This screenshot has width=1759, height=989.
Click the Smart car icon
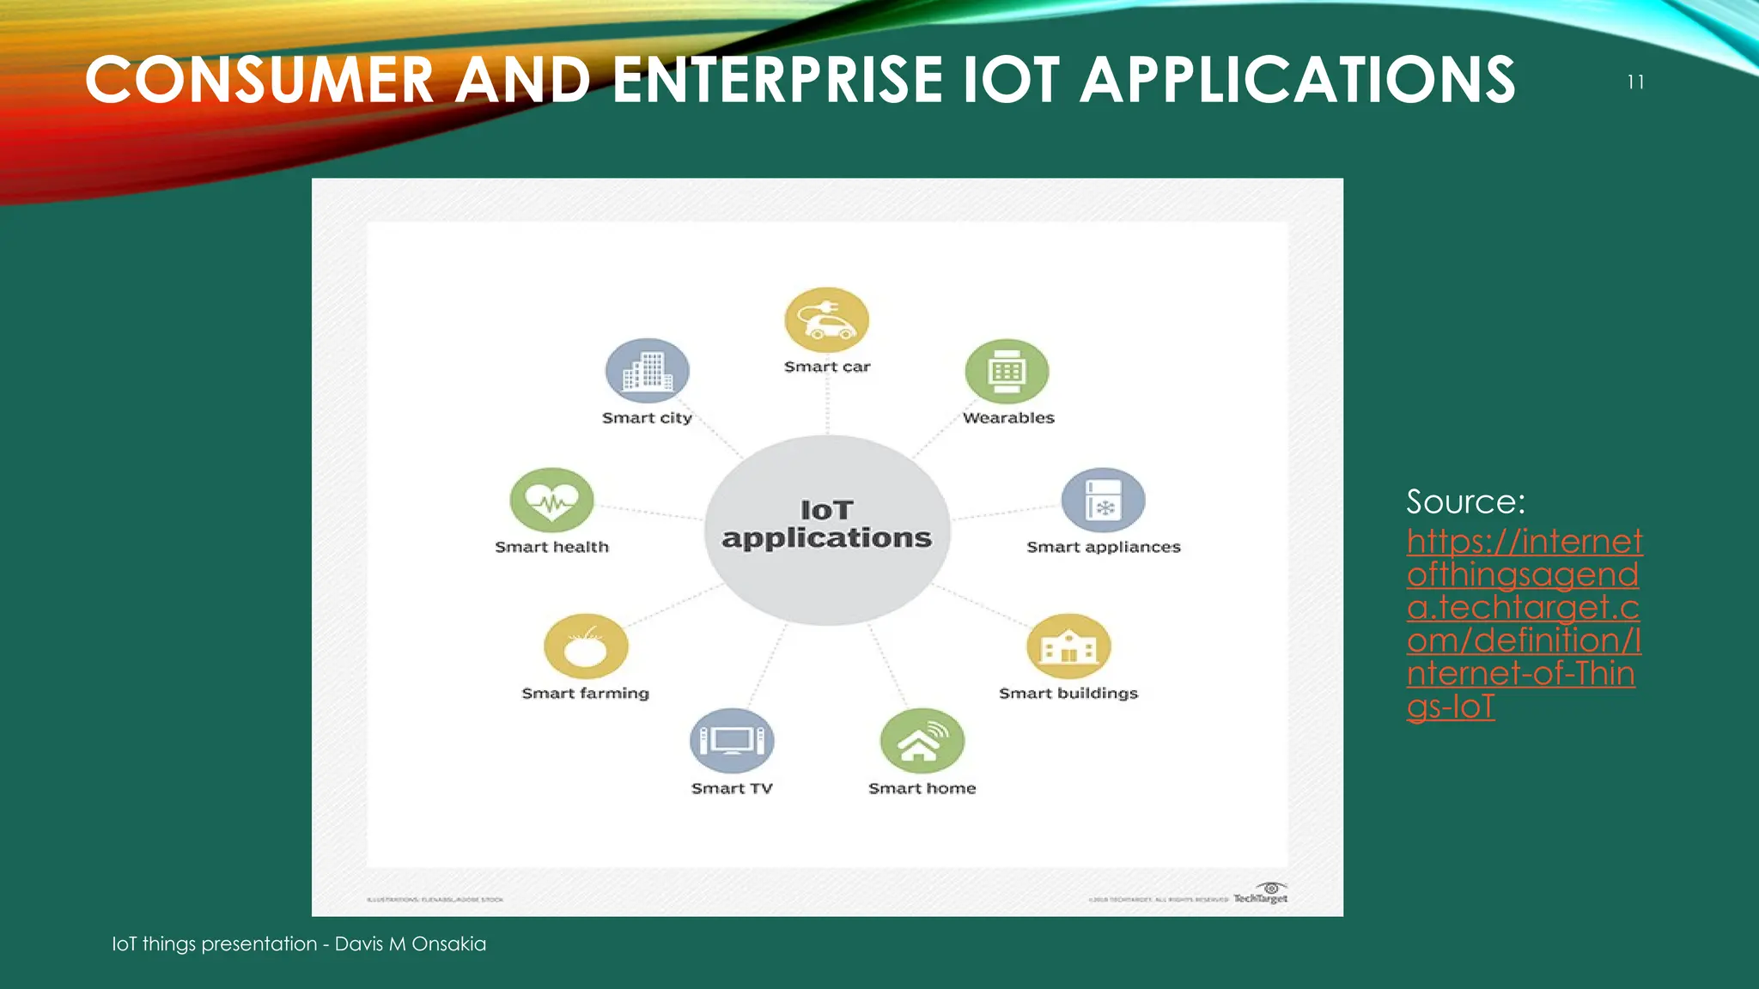(827, 320)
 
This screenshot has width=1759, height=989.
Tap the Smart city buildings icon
(648, 371)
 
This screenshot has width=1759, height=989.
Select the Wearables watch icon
(1007, 372)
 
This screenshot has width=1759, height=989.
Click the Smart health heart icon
(551, 500)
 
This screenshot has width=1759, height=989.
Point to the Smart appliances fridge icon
(1104, 500)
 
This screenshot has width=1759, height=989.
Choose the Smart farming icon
(586, 646)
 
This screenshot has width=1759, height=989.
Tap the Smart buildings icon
(1068, 646)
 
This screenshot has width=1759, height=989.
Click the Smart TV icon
(732, 741)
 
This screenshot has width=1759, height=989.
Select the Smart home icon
(922, 741)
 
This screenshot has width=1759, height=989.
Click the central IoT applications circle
(827, 528)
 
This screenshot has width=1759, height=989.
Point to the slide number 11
(1635, 82)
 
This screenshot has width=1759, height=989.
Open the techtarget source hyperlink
(1523, 623)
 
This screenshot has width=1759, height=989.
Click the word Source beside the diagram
(1465, 501)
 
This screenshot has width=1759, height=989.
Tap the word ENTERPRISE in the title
(776, 80)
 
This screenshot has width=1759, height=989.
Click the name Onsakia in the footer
(448, 943)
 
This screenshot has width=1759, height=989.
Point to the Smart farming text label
(586, 693)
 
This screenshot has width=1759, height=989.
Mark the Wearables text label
(1008, 418)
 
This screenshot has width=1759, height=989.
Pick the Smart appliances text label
(1104, 547)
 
